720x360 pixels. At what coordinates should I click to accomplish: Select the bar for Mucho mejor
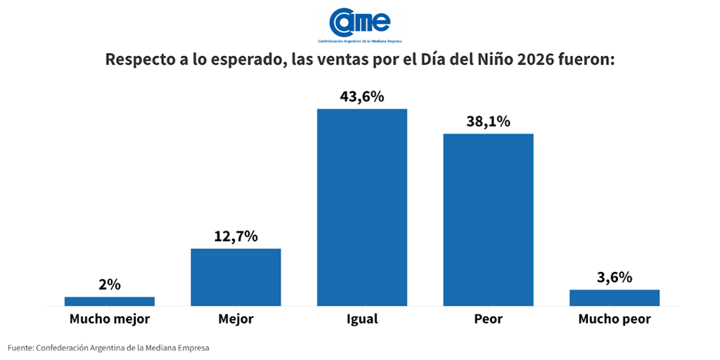coord(109,301)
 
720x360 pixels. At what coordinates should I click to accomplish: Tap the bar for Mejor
coord(236,277)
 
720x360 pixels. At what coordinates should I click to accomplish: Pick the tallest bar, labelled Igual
coord(362,207)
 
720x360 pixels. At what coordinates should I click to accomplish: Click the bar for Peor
coord(488,219)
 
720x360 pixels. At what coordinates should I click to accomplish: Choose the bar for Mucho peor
coord(615,297)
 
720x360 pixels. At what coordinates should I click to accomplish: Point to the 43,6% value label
coord(362,98)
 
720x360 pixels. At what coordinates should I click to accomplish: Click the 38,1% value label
coord(488,122)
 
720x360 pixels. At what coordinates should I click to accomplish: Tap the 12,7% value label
coord(236,237)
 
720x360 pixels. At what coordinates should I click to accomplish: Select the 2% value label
coord(109,285)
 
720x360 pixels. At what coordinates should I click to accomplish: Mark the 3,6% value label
coord(615,278)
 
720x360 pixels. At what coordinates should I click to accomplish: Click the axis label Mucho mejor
coord(109,319)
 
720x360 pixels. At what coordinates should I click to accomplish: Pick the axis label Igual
coord(362,319)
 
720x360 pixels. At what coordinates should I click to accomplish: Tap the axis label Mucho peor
coord(615,319)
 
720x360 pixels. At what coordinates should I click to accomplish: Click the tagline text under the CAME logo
coord(359,41)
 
